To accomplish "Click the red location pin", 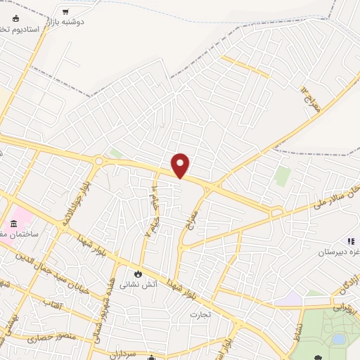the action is tap(181, 165).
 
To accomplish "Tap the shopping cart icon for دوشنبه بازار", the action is tap(65, 12).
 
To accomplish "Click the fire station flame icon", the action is tap(138, 272).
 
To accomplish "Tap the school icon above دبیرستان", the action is tap(349, 240).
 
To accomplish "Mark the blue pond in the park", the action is tap(338, 339).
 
